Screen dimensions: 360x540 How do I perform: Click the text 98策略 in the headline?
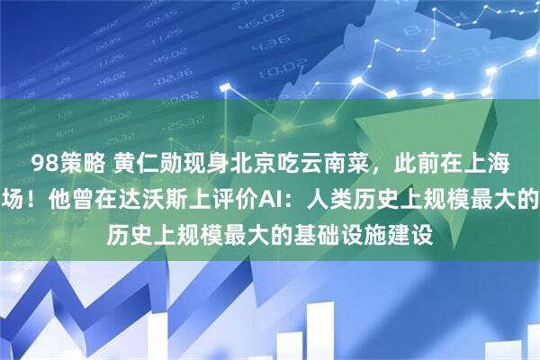point(61,164)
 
